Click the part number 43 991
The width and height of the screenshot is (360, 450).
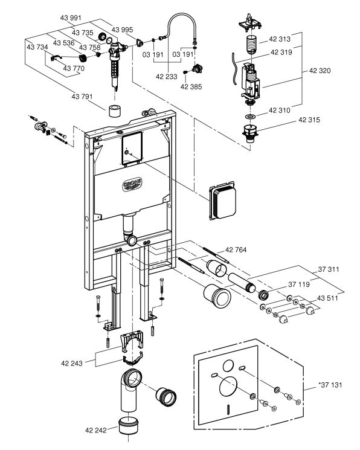tap(71, 18)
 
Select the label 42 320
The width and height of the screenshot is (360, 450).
tap(320, 71)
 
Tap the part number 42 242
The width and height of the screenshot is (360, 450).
tap(96, 430)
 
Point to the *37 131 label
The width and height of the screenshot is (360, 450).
tap(330, 385)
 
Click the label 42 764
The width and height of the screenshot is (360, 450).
tap(236, 250)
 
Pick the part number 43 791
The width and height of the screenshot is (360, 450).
tap(82, 97)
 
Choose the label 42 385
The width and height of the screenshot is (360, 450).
tap(191, 86)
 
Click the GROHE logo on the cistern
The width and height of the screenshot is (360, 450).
tap(132, 184)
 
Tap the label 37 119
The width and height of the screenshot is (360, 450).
tap(299, 284)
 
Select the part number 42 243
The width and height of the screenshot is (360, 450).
tap(72, 364)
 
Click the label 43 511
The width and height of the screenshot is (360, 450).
tap(327, 298)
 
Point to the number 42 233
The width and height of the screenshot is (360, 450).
tap(167, 77)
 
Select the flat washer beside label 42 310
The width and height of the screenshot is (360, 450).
tap(251, 117)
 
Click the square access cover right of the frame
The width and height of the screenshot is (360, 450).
tap(223, 201)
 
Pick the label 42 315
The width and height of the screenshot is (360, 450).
tap(309, 120)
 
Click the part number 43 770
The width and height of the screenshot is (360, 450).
tap(74, 68)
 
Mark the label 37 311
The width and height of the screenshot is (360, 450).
tap(329, 269)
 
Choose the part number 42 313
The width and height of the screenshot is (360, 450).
tap(280, 39)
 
